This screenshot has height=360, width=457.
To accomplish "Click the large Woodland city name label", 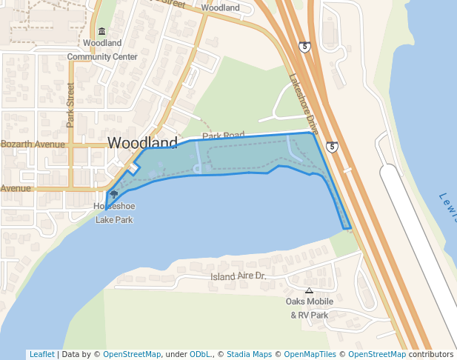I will pyautogui.click(x=142, y=142).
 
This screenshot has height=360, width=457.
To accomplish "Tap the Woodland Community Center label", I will pyautogui.click(x=102, y=50).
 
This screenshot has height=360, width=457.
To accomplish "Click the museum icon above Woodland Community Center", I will pyautogui.click(x=101, y=31).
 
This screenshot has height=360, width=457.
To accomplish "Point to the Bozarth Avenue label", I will pyautogui.click(x=33, y=144).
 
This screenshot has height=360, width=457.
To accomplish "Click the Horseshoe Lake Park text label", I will pyautogui.click(x=113, y=213).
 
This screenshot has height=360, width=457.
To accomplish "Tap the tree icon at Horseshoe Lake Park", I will pyautogui.click(x=113, y=194).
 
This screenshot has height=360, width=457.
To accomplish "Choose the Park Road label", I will pyautogui.click(x=223, y=136).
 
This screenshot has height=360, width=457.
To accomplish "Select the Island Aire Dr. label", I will pyautogui.click(x=238, y=276).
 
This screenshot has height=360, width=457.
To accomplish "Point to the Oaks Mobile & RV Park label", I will pyautogui.click(x=309, y=308).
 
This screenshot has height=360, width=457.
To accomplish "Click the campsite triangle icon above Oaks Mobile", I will pyautogui.click(x=309, y=290).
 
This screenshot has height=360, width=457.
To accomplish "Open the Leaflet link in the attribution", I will pyautogui.click(x=41, y=354).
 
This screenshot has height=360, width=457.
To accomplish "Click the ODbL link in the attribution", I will pyautogui.click(x=199, y=354).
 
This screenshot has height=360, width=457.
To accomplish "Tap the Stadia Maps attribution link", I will pyautogui.click(x=249, y=354).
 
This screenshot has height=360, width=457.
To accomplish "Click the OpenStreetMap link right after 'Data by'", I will pyautogui.click(x=132, y=354).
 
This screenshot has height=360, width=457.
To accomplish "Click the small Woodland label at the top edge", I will pyautogui.click(x=220, y=7).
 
